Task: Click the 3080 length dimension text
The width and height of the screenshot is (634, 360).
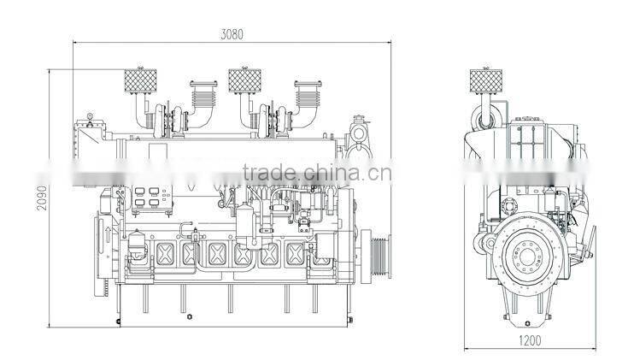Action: pos(232,35)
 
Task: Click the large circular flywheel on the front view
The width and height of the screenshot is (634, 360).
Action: pos(530,257)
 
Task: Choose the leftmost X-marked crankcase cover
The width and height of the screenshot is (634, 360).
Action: pos(165,253)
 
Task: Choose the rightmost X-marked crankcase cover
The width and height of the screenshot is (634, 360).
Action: pos(296,253)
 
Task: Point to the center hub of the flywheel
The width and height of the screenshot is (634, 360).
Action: pos(530,257)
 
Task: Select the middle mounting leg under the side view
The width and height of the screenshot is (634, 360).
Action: pos(228,304)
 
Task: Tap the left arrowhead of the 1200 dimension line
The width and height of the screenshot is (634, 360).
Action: pos(466,348)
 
